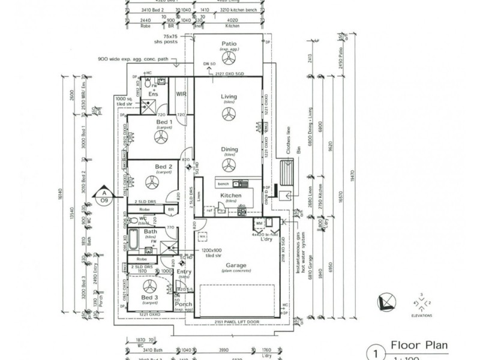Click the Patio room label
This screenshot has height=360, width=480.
point(229,44)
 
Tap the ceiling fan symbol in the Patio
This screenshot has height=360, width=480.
point(229,59)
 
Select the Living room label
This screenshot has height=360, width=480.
point(229,96)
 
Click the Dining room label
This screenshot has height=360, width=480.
point(229,149)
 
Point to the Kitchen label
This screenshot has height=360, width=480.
point(230,196)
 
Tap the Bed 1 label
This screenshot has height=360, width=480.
point(163,123)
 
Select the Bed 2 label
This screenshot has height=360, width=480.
point(163,166)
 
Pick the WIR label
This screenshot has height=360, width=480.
point(182,94)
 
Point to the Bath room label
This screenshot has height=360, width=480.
point(150,232)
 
